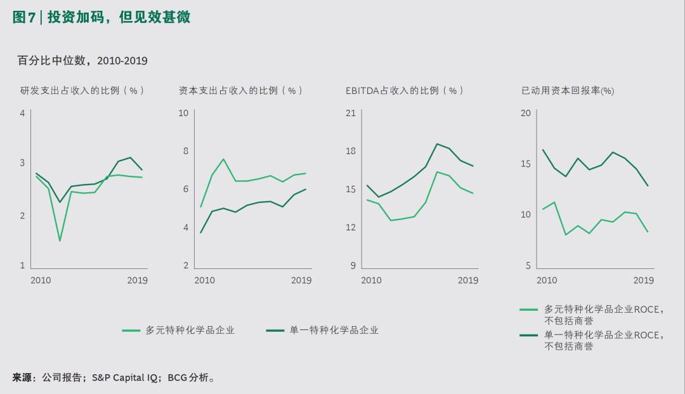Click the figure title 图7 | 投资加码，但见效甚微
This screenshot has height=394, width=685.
click(101, 18)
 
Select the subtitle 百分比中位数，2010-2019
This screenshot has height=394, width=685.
click(82, 61)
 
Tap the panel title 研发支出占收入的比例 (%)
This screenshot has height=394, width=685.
click(82, 91)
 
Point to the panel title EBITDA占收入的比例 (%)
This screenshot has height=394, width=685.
click(405, 91)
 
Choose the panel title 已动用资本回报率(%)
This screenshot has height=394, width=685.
click(568, 91)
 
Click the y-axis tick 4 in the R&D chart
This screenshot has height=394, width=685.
click(22, 114)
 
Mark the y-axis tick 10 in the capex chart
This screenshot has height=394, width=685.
click(183, 114)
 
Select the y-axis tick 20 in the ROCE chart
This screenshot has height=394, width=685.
click(525, 114)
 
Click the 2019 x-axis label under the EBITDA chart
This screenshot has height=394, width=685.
click(468, 280)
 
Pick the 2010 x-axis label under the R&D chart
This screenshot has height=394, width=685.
click(41, 280)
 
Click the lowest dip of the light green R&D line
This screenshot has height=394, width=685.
click(60, 240)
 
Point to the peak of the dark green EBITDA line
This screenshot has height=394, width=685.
click(437, 143)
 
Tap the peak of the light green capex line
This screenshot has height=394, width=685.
click(223, 159)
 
